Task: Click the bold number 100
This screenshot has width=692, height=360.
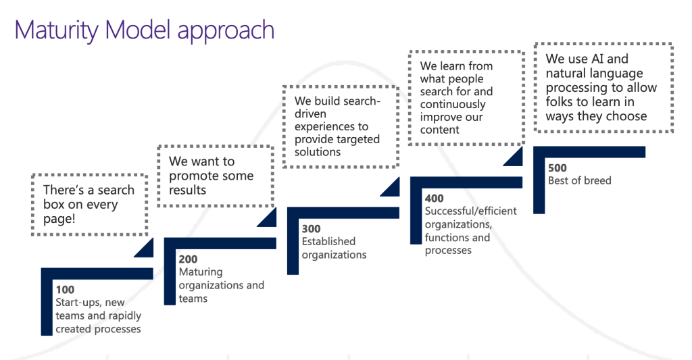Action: pyautogui.click(x=65, y=290)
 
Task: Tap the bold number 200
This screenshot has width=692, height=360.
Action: pyautogui.click(x=188, y=259)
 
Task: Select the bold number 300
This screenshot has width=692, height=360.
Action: pyautogui.click(x=311, y=229)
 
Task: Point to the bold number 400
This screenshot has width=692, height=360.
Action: pyautogui.click(x=435, y=199)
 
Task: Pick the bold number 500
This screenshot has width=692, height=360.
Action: pyautogui.click(x=558, y=168)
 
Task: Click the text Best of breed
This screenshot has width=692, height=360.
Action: pyautogui.click(x=579, y=180)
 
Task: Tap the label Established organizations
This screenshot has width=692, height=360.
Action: pyautogui.click(x=334, y=248)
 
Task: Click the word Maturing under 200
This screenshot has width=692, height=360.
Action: pyautogui.click(x=201, y=273)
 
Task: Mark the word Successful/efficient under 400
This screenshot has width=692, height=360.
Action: pyautogui.click(x=470, y=211)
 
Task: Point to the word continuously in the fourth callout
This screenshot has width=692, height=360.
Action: pyautogui.click(x=453, y=105)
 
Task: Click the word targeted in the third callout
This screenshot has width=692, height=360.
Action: pyautogui.click(x=357, y=139)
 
